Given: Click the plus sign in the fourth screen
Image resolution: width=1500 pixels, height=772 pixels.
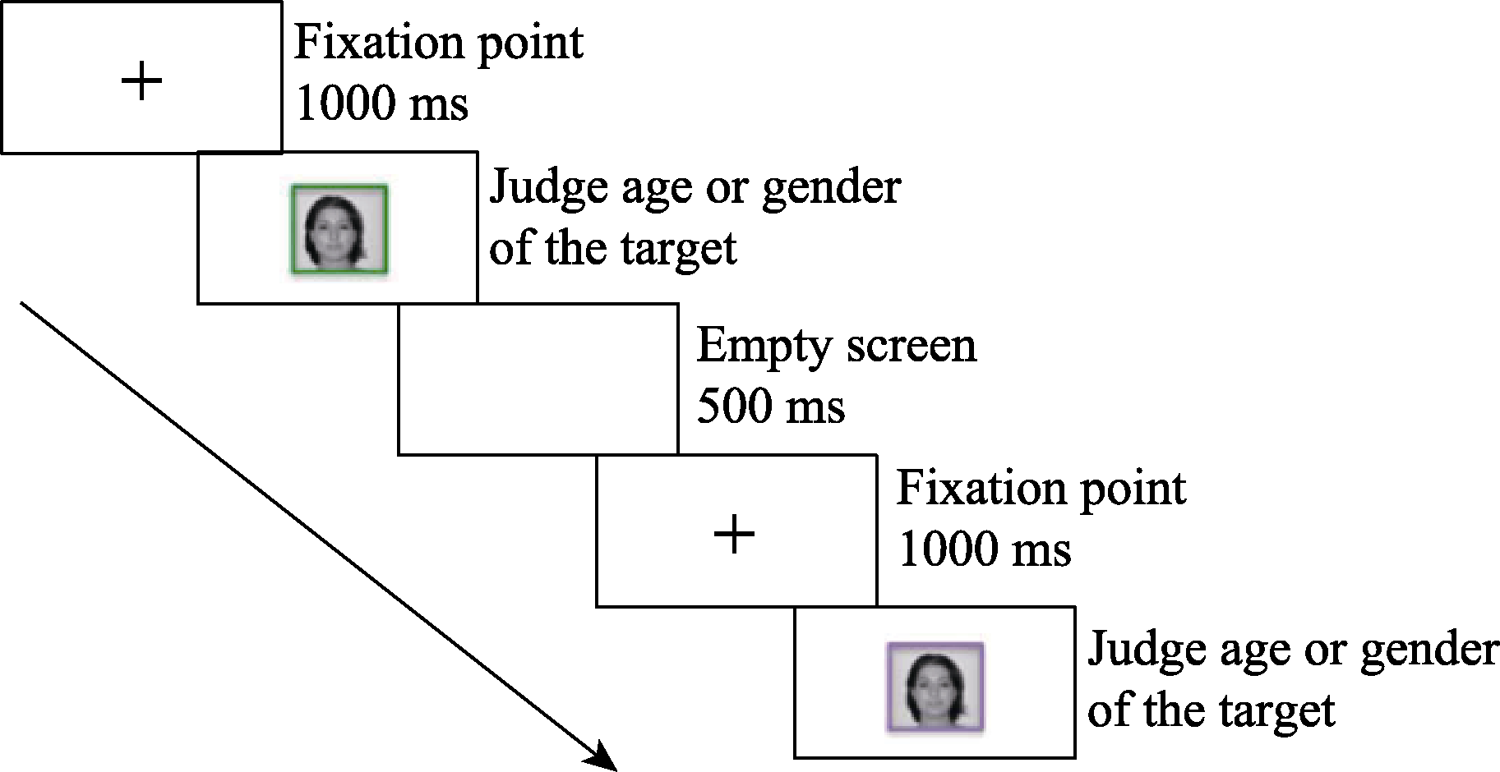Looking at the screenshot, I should click(x=734, y=535).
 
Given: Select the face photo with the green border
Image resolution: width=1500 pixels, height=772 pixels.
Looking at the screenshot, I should click(x=339, y=229).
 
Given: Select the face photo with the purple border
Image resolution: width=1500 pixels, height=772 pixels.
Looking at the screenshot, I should click(x=935, y=687).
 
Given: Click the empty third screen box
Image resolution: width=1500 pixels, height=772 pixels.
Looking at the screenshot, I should click(x=538, y=379).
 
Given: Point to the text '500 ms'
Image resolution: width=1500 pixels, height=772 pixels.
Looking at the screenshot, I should click(x=770, y=406).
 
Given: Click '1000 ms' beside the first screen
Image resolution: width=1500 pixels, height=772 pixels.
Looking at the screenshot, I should click(x=381, y=103).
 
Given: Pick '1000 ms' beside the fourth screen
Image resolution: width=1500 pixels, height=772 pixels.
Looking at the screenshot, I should click(x=985, y=549).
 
